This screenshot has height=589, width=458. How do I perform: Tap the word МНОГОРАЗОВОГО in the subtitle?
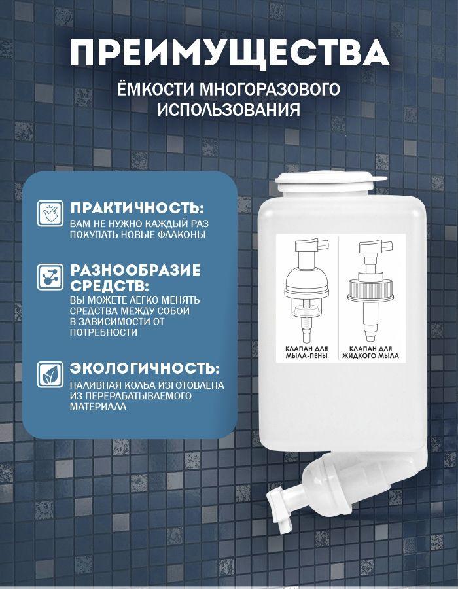pos(269,90)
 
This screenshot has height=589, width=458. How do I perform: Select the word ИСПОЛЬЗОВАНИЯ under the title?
pos(228,110)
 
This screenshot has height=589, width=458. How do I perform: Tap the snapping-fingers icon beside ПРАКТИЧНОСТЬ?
pos(50,213)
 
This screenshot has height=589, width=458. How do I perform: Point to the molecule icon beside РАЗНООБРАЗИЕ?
pos(50,277)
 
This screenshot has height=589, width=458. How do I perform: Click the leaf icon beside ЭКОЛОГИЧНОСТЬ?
pos(50,374)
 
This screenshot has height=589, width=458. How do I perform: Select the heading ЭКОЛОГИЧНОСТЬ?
pos(145,368)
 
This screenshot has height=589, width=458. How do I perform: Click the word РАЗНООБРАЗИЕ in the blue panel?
pos(135,270)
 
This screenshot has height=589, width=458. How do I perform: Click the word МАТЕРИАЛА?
pos(98,406)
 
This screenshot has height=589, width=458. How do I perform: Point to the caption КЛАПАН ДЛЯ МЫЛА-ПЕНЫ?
pos(307,352)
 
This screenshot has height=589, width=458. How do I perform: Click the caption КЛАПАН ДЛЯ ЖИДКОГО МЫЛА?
pos(370,352)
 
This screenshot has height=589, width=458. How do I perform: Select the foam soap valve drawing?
pos(308,290)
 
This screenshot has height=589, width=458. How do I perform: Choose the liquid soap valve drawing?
pos(371,290)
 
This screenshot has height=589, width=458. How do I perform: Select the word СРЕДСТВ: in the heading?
pos(110,286)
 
